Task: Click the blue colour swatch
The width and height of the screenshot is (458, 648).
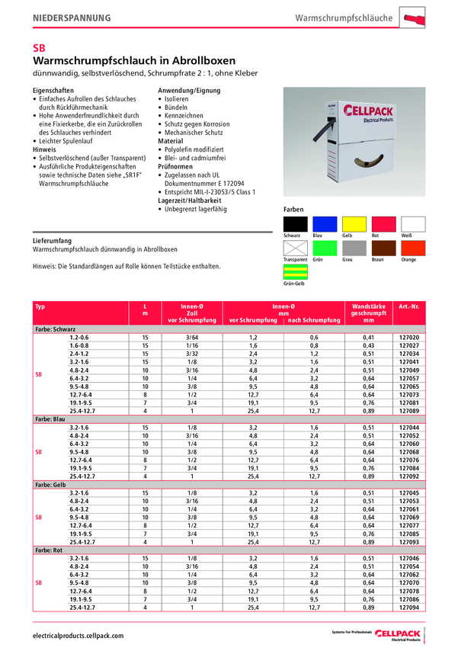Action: (x=325, y=224)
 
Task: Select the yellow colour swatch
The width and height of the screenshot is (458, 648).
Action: (x=354, y=224)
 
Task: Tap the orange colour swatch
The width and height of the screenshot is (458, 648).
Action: (x=413, y=249)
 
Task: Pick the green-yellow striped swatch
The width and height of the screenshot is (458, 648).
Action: (x=295, y=271)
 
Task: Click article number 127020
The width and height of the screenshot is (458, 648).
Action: (x=410, y=337)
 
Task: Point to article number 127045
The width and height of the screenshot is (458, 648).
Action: (x=410, y=492)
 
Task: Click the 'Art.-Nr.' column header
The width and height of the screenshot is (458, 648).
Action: (x=410, y=306)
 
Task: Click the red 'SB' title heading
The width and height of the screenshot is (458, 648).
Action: (x=40, y=47)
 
